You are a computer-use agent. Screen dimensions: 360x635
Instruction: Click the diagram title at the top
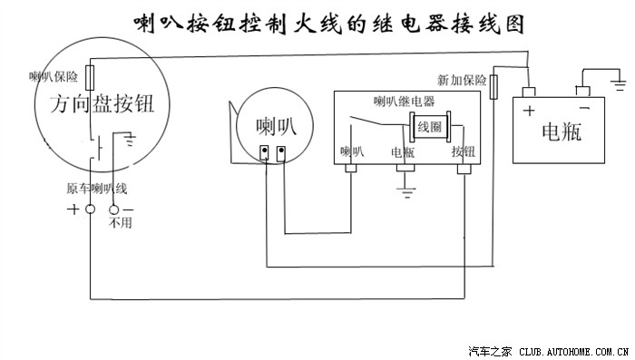point(327,22)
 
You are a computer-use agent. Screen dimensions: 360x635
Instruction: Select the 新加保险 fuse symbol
point(495,86)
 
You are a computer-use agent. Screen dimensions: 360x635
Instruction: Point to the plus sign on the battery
point(528,112)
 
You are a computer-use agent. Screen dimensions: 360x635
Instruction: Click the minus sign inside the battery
point(585,110)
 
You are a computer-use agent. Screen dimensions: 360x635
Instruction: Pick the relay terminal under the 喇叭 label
point(351,169)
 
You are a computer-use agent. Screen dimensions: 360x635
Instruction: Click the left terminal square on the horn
point(266,151)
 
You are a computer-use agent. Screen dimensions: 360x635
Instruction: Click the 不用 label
point(120,223)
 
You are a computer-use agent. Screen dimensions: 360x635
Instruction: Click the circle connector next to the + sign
point(91,209)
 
